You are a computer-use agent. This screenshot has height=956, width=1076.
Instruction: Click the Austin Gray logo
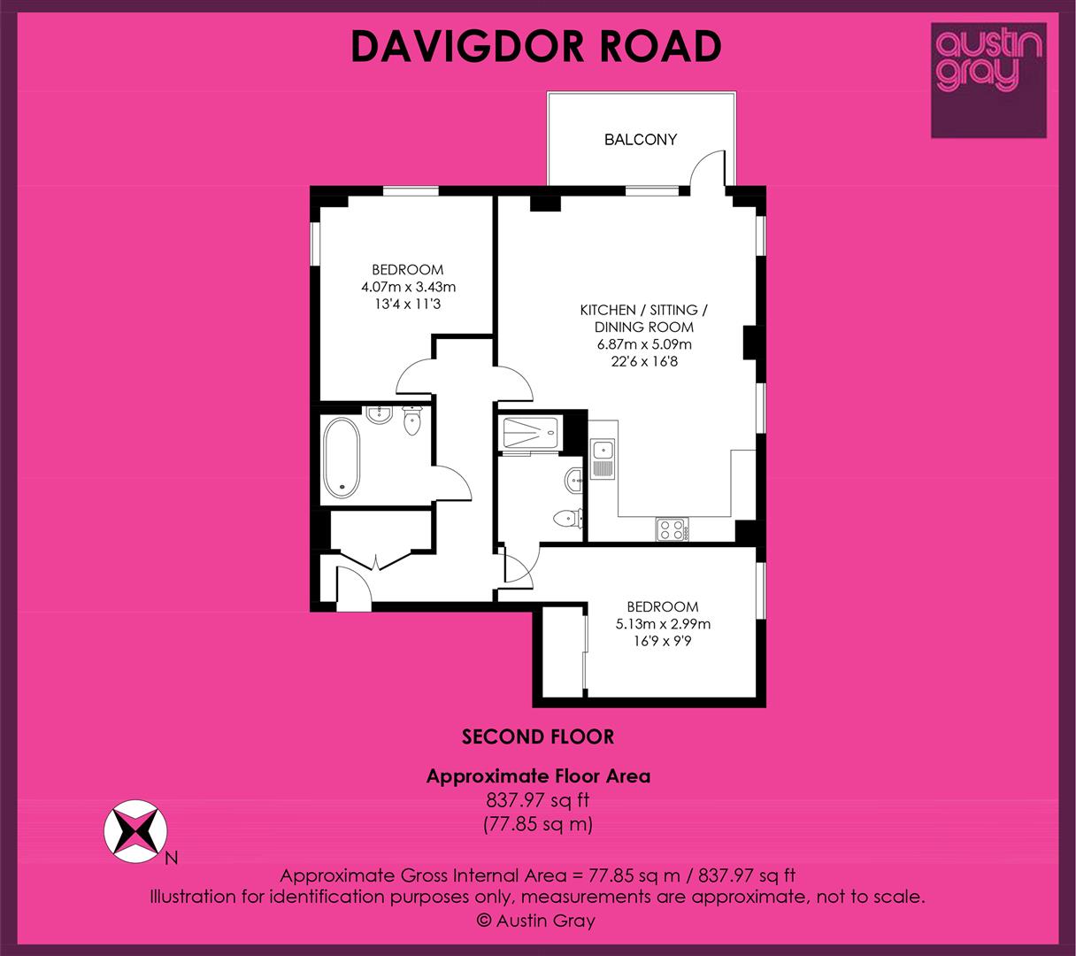pos(988,81)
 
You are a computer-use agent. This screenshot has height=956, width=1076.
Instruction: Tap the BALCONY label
pos(641,140)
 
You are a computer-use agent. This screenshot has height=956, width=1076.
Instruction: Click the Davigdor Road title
pos(536,46)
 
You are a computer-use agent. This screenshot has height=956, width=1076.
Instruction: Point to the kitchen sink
pos(603,459)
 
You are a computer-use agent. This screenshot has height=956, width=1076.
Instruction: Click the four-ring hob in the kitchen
pos(672,529)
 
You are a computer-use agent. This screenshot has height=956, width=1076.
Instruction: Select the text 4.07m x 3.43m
pos(409,287)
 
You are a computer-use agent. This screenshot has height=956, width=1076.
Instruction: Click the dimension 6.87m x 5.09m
pos(644,344)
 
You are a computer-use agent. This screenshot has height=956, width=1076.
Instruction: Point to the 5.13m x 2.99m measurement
pos(663,624)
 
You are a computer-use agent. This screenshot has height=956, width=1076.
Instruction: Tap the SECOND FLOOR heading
pos(538,737)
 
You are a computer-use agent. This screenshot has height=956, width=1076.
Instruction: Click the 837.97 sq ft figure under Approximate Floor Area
pos(538,800)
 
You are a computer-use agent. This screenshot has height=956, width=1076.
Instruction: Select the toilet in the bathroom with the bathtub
pos(411,420)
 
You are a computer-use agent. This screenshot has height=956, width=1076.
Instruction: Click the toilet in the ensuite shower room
pos(567,518)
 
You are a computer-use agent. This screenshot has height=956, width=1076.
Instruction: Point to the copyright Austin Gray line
pos(536,921)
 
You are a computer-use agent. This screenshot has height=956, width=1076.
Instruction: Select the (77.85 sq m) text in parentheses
pos(538,824)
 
